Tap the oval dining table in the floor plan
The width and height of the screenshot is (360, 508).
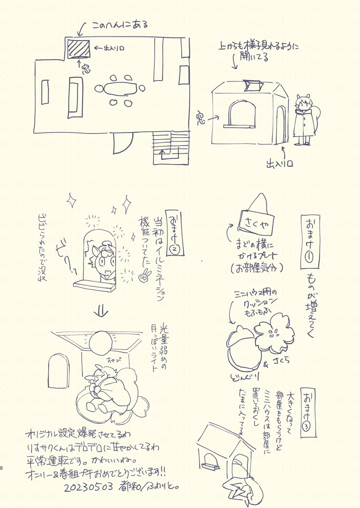121,89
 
